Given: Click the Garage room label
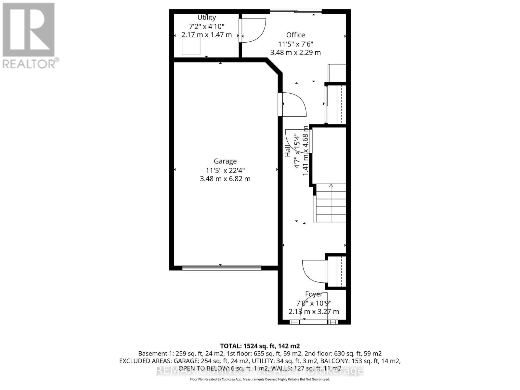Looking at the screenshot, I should (225, 161).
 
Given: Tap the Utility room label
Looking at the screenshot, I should (207, 18).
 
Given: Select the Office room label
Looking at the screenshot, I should (295, 35).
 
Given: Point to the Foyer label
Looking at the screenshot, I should (314, 294).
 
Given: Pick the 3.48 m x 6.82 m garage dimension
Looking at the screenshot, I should (225, 179).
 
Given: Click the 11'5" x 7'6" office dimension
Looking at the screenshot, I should (295, 44).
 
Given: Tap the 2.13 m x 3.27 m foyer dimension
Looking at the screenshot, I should (314, 312).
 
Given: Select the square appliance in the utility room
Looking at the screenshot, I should (191, 46).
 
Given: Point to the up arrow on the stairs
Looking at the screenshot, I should (331, 186).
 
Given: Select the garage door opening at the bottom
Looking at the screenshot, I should (221, 268).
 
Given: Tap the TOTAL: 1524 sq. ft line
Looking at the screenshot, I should (260, 346).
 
